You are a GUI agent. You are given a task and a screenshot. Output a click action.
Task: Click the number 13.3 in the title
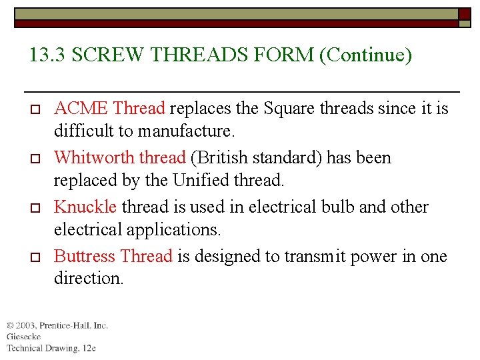47,55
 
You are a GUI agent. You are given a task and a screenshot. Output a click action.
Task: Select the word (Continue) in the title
366,55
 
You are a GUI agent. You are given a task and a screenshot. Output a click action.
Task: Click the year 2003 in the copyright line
26,325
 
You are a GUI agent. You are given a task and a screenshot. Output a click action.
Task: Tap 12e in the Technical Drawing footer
89,348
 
